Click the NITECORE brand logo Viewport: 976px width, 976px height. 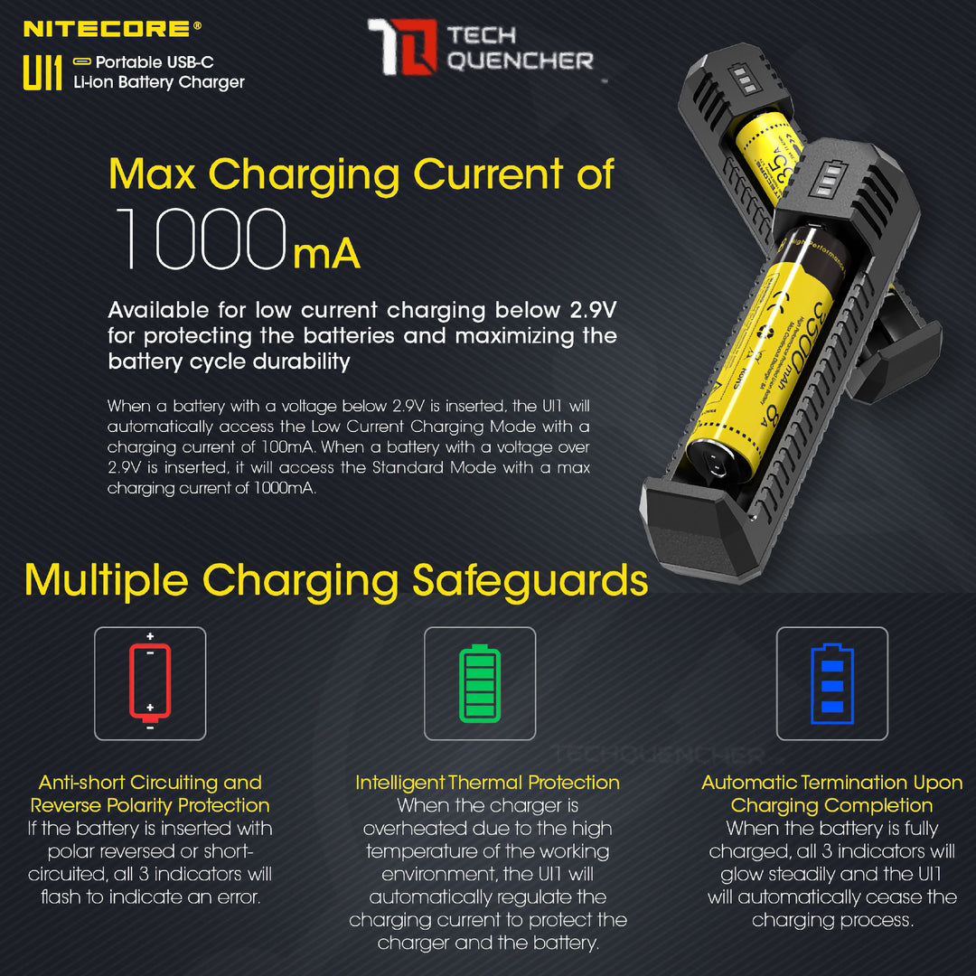tap(107, 29)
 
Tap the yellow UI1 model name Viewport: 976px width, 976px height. tap(42, 73)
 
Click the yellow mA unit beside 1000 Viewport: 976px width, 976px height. tap(326, 255)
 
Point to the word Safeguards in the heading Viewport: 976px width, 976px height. tap(530, 580)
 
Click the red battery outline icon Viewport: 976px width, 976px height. tap(150, 683)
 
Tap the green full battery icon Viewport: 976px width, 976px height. tap(480, 683)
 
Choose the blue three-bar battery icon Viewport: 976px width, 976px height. tap(832, 683)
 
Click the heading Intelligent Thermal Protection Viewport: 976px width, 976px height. tap(488, 783)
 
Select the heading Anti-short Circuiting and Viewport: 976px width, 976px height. tap(150, 783)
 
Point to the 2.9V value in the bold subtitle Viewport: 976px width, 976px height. tap(593, 311)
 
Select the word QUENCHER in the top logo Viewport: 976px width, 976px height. tap(521, 61)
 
